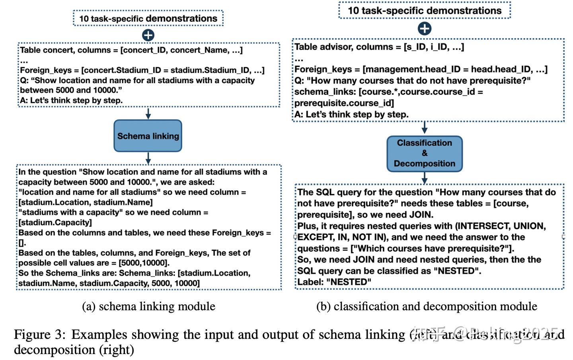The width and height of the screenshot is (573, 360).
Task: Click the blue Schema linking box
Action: (x=148, y=136)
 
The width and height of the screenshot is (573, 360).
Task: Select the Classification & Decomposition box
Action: (x=424, y=154)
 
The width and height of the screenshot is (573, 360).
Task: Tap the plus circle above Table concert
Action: (x=148, y=35)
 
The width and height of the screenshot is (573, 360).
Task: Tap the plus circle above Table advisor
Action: (x=425, y=29)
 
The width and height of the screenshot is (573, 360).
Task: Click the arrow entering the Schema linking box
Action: (x=148, y=113)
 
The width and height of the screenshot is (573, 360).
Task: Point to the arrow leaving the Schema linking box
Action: (x=148, y=158)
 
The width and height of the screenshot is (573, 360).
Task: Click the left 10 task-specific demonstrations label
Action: (x=148, y=18)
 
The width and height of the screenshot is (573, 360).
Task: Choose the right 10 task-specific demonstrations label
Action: (x=425, y=10)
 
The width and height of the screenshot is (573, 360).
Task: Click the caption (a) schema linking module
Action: (x=148, y=306)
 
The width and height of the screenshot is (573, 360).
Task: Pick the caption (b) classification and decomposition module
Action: (x=427, y=306)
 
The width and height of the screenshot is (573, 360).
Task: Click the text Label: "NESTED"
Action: (x=334, y=282)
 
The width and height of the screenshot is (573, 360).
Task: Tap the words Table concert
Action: (x=45, y=50)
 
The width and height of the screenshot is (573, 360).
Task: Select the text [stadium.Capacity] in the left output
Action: (x=55, y=222)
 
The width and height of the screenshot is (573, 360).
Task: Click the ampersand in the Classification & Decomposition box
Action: (x=425, y=153)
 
